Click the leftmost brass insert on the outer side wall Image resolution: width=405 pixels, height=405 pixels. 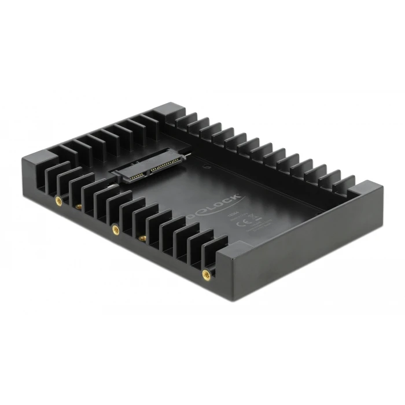(58, 200)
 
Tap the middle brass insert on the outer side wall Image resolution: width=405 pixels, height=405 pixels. (115, 228)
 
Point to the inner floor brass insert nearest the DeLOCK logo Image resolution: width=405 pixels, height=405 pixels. (141, 237)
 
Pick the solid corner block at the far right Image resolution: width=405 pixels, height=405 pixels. (365, 189)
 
